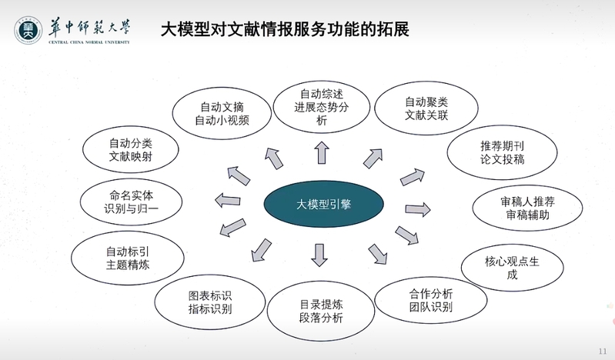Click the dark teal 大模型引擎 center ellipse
click(323, 204)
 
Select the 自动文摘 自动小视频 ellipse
click(222, 113)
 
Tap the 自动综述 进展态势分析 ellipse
click(322, 107)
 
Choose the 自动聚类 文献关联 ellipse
click(426, 108)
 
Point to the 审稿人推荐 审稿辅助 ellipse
click(527, 208)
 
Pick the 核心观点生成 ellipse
click(512, 268)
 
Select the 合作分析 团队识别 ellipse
click(431, 301)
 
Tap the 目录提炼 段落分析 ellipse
click(321, 311)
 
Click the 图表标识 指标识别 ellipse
click(210, 302)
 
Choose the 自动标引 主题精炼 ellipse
click(128, 258)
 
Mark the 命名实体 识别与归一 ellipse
click(131, 202)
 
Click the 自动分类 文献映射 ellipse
click(131, 150)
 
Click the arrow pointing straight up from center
click(322, 152)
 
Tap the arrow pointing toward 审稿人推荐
click(418, 209)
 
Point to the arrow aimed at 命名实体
click(228, 201)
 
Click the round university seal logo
click(28, 30)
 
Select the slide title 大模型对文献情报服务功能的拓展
click(285, 29)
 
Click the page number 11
click(603, 351)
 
